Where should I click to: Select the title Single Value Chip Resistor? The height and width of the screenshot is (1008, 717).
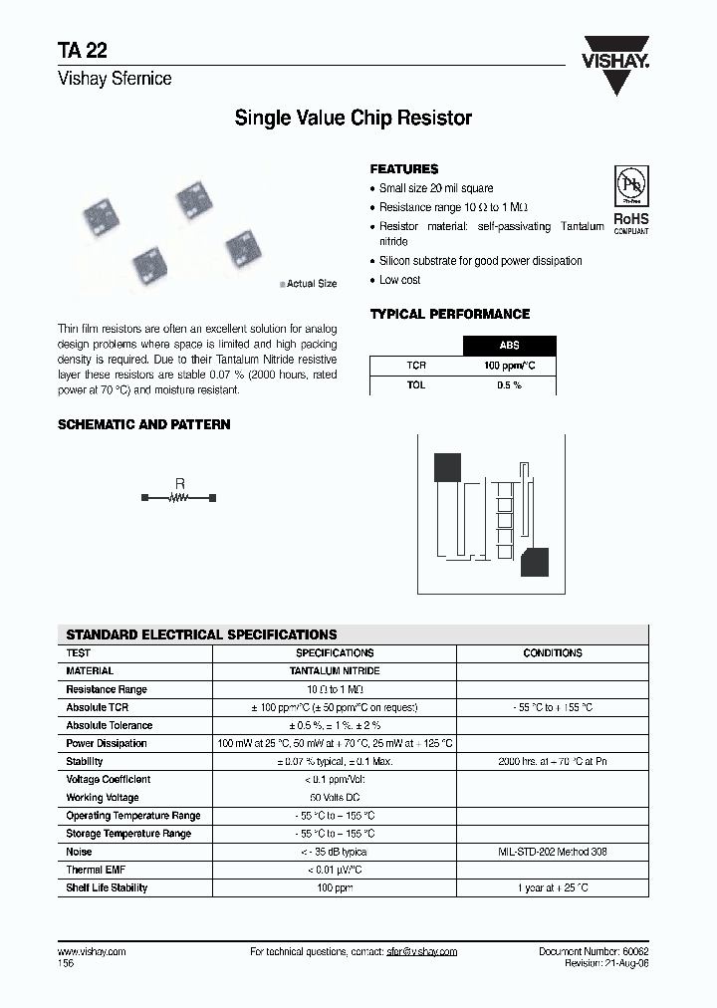353,119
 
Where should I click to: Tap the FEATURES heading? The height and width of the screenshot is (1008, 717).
403,169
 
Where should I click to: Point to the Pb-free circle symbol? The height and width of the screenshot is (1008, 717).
629,186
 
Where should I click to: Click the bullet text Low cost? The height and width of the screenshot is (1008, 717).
399,280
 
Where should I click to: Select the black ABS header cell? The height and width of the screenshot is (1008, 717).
509,347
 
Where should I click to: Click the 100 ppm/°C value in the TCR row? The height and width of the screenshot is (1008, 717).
509,366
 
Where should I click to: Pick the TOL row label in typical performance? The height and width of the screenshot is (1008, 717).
415,384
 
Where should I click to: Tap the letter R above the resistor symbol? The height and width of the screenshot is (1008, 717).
179,483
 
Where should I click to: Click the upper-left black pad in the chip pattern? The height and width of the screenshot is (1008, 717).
446,467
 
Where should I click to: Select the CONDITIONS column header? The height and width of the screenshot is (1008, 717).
552,653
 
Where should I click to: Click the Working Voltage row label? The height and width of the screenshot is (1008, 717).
103,798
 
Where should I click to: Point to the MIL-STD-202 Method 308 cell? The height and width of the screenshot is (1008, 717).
552,852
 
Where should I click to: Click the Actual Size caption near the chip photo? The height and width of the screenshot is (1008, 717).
311,284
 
